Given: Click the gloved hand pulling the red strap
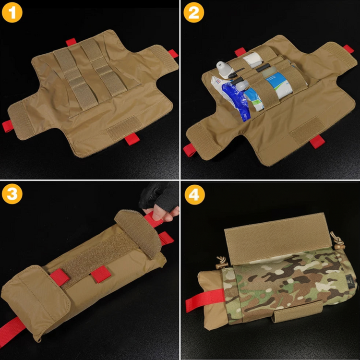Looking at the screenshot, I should (x=158, y=202).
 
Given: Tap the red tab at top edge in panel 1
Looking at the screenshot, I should (x=71, y=42).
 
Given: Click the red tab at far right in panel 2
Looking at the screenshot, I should (x=348, y=48).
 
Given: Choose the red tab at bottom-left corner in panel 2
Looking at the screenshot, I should (x=189, y=150).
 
